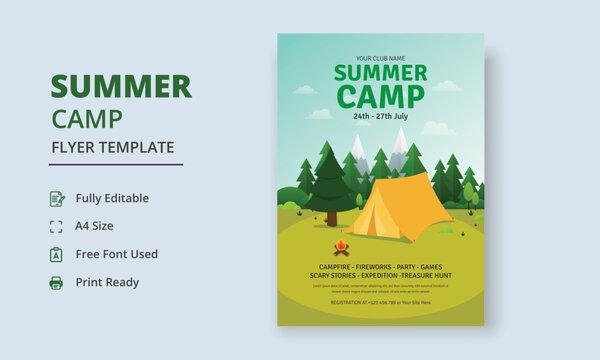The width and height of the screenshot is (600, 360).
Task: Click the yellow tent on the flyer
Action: tap(399, 208)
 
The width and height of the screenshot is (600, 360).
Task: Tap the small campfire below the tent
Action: tap(341, 247)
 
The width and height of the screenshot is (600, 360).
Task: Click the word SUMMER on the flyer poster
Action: tap(380, 73)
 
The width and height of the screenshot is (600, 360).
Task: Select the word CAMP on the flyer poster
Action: tap(380, 96)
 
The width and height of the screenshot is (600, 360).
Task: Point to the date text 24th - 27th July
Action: tap(380, 116)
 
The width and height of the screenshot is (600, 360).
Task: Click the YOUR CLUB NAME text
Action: tap(380, 58)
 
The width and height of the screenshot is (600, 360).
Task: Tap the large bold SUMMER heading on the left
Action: tap(121, 87)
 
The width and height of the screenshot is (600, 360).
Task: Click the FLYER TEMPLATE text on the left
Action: tap(112, 147)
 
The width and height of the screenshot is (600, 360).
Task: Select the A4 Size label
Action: tap(95, 226)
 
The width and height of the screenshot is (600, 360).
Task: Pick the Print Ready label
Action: tap(107, 282)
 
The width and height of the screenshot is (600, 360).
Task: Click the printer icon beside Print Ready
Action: tap(56, 282)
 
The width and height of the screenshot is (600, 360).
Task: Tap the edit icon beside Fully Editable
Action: tap(56, 198)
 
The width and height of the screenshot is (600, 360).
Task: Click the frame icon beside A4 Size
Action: tap(56, 226)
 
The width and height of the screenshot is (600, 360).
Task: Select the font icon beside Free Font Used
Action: tap(56, 254)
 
